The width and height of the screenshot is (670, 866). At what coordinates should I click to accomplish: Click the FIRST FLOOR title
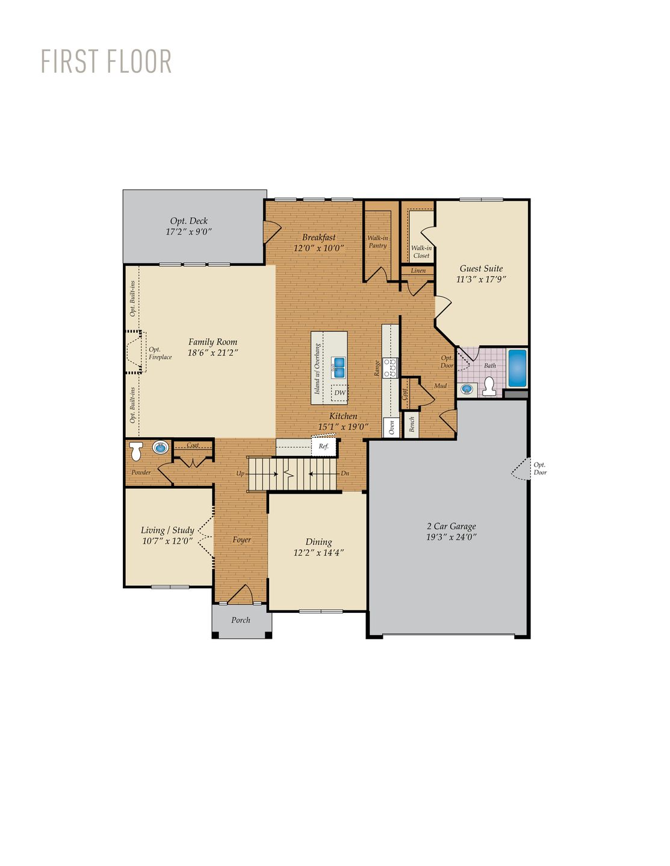107,61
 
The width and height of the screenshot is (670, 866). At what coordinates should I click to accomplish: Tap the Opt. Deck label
188,221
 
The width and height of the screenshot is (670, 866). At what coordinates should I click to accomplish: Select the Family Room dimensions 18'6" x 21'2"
212,353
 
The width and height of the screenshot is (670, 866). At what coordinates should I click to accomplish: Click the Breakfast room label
318,237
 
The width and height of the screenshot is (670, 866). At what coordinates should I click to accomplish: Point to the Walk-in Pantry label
377,242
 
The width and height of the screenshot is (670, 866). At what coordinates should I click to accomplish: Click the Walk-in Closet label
421,251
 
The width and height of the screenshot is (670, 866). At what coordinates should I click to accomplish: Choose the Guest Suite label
481,269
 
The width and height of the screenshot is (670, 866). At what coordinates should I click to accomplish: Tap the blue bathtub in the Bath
517,368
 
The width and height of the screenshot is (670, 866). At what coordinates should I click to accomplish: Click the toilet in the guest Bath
489,387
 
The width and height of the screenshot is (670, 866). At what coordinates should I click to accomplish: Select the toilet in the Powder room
137,451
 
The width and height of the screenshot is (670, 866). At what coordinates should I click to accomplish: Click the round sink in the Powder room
160,447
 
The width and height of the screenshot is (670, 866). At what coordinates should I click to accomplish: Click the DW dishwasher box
340,393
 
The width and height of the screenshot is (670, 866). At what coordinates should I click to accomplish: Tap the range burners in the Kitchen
390,367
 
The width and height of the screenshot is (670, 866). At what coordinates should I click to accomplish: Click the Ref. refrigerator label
323,446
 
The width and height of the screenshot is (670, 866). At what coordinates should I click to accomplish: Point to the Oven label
391,427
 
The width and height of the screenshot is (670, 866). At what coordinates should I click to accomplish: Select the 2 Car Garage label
451,526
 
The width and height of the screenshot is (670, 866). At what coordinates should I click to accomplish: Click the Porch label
241,620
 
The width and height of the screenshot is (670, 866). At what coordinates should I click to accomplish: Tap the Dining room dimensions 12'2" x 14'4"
318,553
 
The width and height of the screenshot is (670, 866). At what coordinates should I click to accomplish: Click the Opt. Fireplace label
160,354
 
